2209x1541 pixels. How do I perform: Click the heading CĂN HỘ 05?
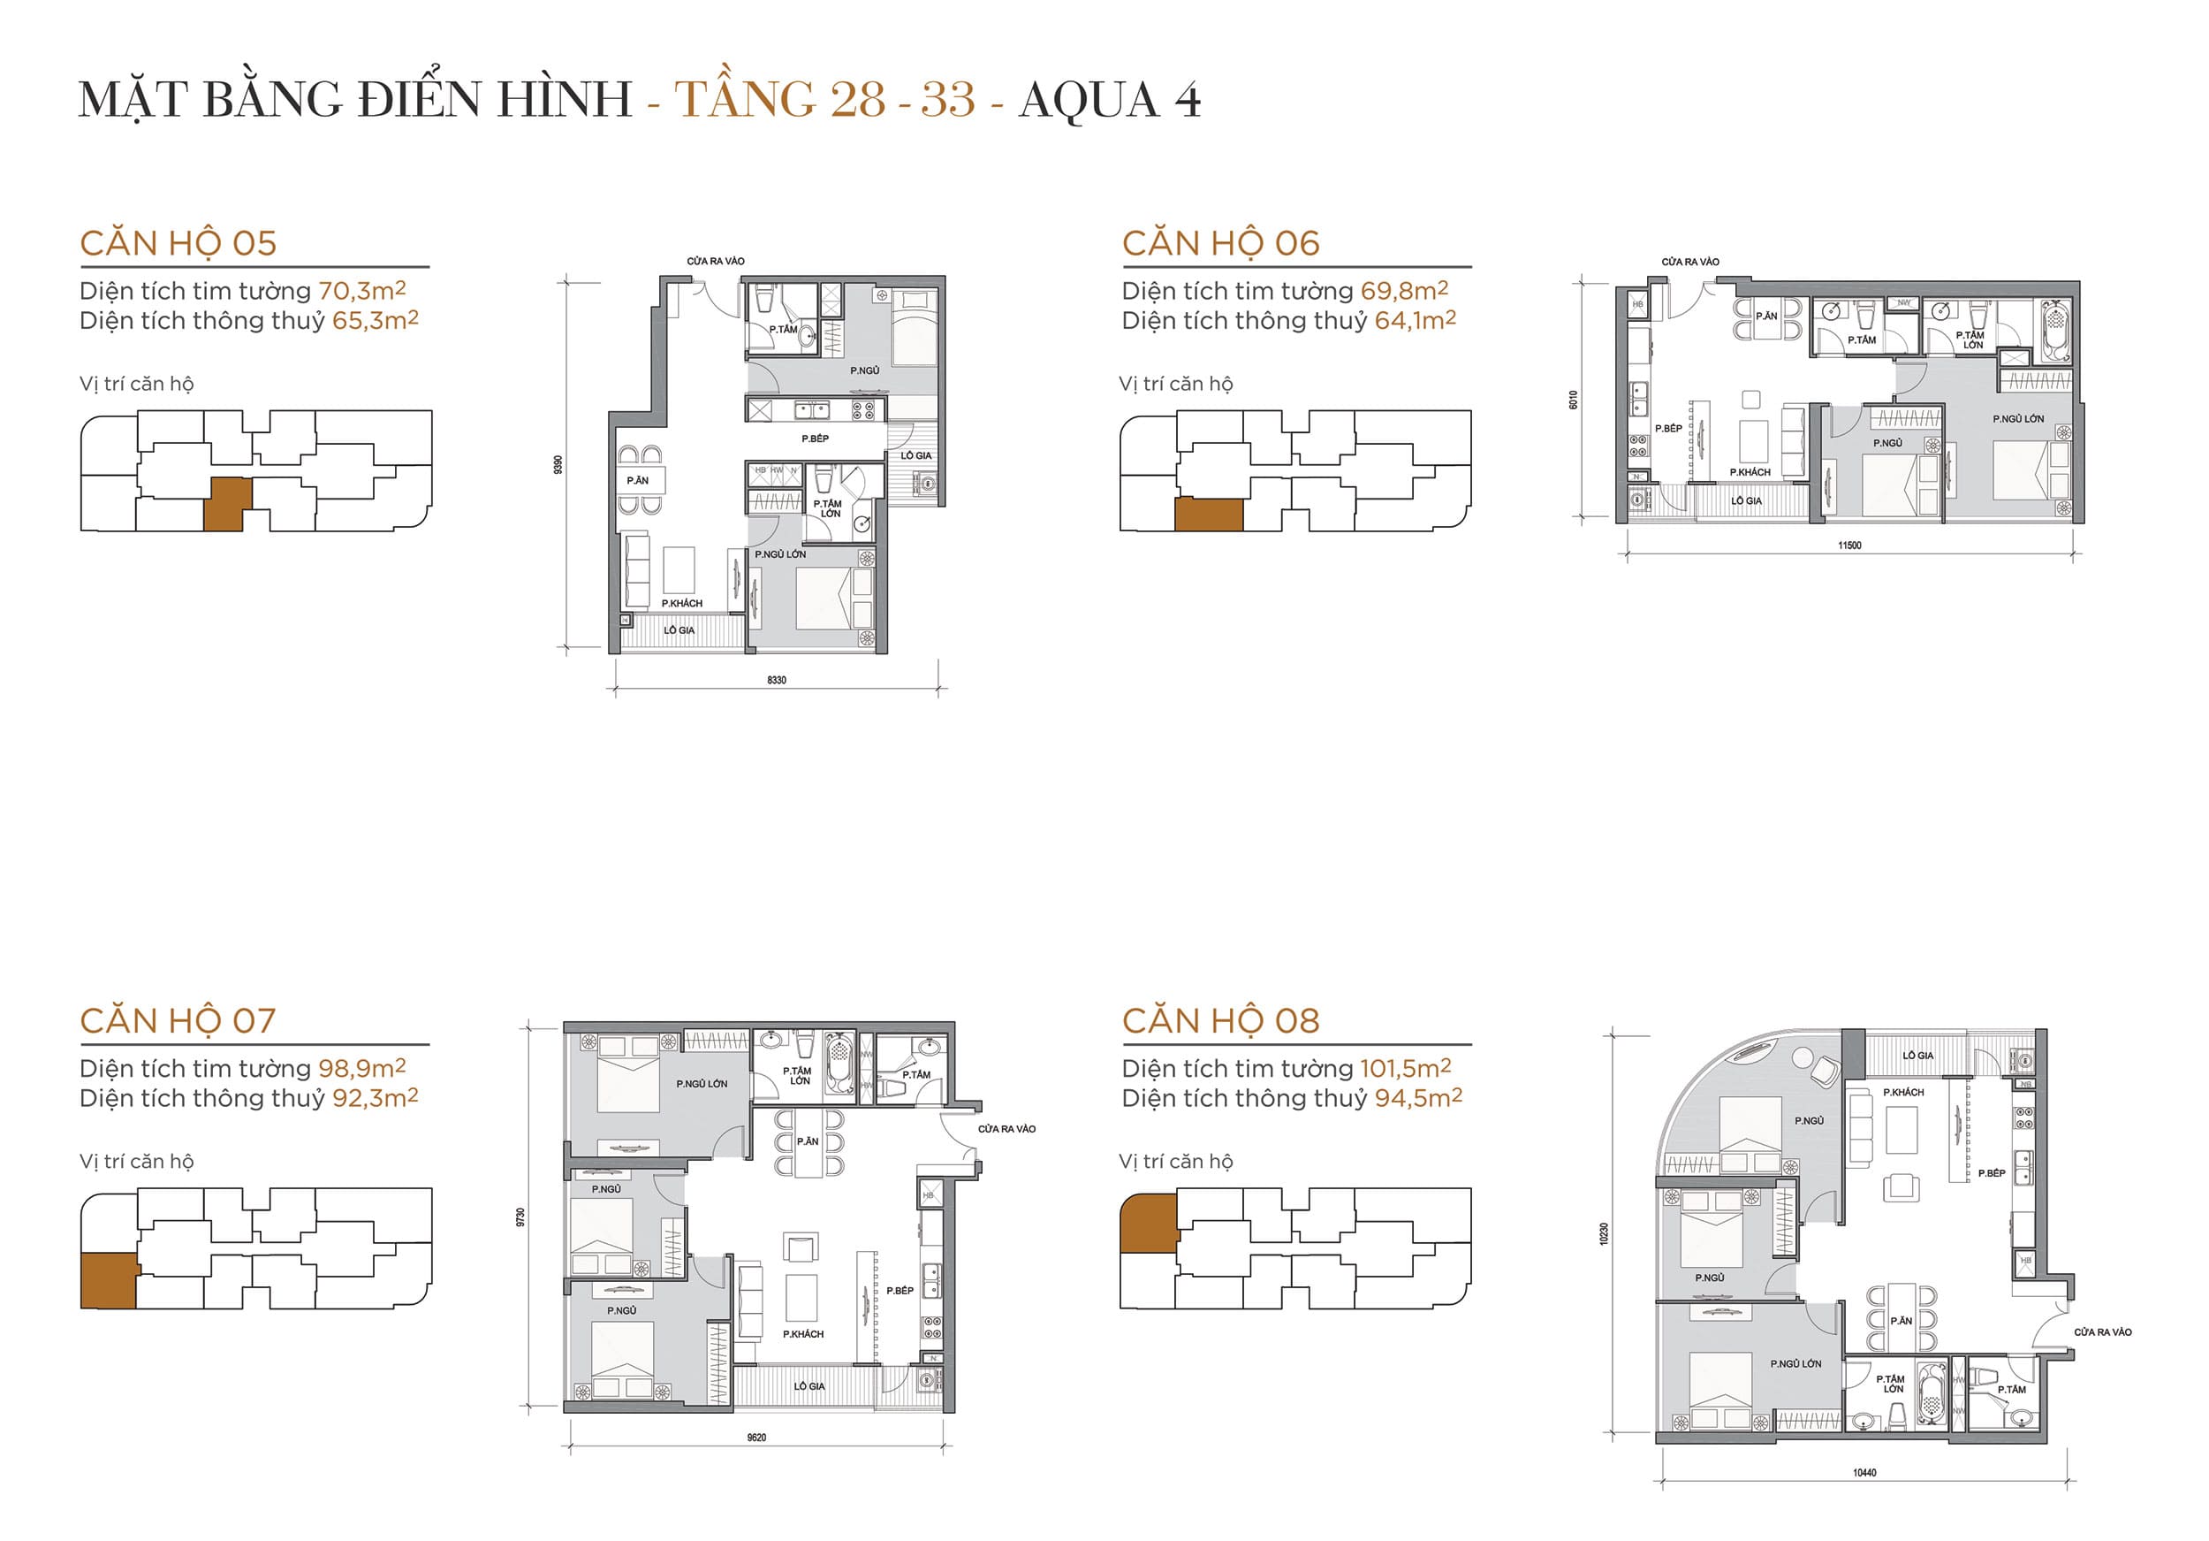[178, 243]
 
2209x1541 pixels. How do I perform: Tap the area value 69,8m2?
[1404, 291]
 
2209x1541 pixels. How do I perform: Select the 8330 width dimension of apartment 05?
[777, 681]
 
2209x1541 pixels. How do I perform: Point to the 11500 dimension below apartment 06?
[1849, 545]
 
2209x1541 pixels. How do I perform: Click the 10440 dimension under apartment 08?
[1864, 1473]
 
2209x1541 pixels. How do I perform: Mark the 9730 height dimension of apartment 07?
[521, 1217]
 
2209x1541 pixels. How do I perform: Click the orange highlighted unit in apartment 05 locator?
[228, 504]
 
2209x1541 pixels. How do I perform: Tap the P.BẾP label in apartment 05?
[815, 439]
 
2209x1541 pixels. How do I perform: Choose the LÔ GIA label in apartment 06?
[1746, 501]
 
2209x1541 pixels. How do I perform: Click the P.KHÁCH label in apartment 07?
[802, 1334]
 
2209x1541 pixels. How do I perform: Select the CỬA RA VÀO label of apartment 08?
[2102, 1332]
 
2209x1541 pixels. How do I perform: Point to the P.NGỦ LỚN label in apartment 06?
[2017, 420]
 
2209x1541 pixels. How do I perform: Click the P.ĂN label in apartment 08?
[1900, 1321]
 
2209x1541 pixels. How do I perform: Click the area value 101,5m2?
[1405, 1068]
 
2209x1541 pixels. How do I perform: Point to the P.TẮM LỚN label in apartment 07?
[798, 1076]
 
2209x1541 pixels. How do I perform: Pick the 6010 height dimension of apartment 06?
[1574, 400]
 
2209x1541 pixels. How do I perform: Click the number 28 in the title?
[857, 100]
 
